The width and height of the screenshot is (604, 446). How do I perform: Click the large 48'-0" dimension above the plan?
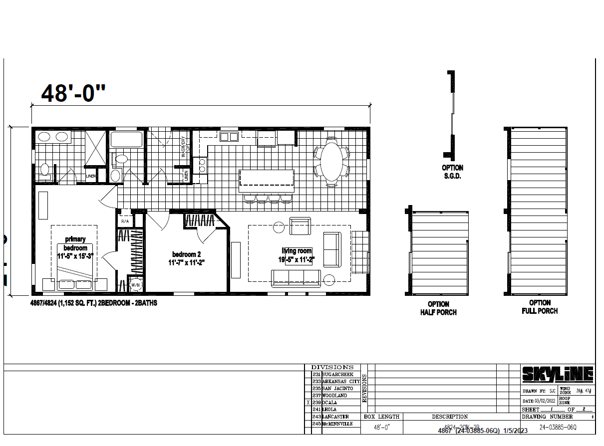point(73,93)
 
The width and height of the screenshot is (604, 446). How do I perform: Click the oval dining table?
point(331,159)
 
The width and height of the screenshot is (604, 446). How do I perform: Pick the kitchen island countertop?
point(267,181)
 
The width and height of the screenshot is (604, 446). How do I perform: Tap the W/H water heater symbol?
point(135,285)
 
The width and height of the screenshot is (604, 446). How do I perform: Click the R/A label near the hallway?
point(125,221)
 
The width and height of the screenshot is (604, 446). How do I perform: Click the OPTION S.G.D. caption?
point(452,172)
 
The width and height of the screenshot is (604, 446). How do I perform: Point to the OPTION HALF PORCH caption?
point(438,308)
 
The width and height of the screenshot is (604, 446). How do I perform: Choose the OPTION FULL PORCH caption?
point(540,307)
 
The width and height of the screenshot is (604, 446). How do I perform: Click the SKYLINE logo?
point(558,374)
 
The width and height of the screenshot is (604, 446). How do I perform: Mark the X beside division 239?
point(308,403)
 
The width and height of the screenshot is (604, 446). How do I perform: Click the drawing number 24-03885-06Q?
point(558,428)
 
